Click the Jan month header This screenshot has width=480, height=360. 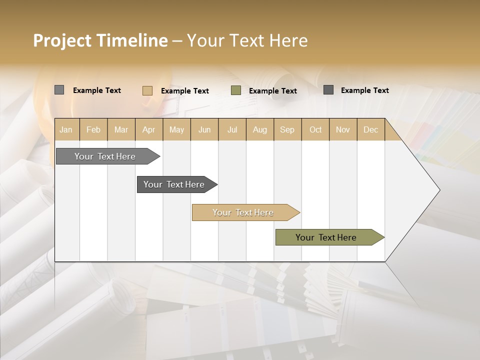click(66, 129)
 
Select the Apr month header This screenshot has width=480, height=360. click(149, 129)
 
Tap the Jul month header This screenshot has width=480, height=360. click(232, 129)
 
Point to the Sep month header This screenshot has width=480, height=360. click(287, 129)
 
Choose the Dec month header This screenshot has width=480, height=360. click(370, 129)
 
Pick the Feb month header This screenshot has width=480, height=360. click(93, 129)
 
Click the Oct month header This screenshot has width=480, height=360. click(315, 129)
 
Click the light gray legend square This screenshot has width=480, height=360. click(59, 90)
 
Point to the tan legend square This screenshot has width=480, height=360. click(147, 90)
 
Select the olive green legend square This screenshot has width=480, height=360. click(236, 90)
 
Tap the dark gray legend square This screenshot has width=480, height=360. click(328, 90)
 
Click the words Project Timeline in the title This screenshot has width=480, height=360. click(100, 40)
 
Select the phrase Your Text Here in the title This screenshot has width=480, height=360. click(247, 40)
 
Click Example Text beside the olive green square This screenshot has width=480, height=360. click(272, 91)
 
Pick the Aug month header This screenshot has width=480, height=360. click(259, 129)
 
